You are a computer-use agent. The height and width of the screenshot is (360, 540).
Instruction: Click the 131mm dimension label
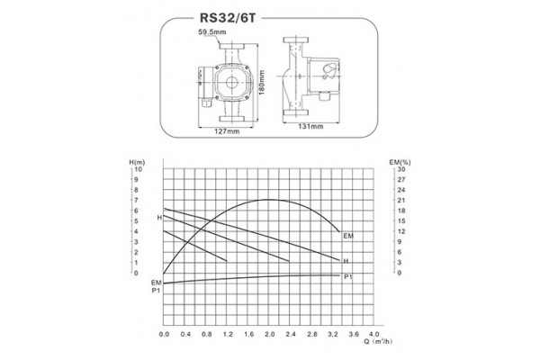tap(310, 127)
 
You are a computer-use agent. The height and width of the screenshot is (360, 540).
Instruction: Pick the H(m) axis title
tap(137, 161)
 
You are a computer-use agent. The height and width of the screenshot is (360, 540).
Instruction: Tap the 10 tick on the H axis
tap(139, 169)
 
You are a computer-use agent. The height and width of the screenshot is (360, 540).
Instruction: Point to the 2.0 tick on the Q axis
tap(269, 334)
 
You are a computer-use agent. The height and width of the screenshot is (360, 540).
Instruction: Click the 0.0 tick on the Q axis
tap(164, 334)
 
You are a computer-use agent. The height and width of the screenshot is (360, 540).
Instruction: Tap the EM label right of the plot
tap(348, 235)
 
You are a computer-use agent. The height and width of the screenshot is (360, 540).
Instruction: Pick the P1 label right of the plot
tap(347, 276)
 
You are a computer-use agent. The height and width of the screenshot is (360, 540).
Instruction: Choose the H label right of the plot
tap(346, 261)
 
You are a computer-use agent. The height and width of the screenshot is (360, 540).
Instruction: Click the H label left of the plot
tap(158, 219)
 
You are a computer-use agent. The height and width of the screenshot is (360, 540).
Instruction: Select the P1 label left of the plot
tap(156, 291)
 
